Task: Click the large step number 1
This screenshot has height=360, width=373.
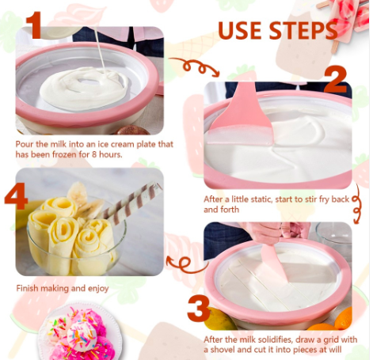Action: pyautogui.click(x=33, y=25)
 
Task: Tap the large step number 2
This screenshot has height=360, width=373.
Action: pyautogui.click(x=335, y=78)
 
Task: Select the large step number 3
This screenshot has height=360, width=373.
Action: pyautogui.click(x=199, y=308)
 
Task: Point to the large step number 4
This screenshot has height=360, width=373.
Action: pyautogui.click(x=16, y=195)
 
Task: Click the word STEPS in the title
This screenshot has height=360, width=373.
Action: pyautogui.click(x=303, y=30)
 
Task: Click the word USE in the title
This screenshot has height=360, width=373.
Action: pyautogui.click(x=240, y=30)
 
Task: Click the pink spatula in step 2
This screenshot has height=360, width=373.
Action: pyautogui.click(x=240, y=116)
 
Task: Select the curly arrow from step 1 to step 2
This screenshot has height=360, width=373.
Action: pyautogui.click(x=195, y=66)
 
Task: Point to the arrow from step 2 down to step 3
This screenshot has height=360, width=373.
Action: pyautogui.click(x=356, y=204)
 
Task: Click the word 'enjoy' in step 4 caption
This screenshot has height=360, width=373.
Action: pyautogui.click(x=98, y=289)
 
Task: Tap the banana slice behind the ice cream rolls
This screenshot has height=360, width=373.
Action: pyautogui.click(x=78, y=195)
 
